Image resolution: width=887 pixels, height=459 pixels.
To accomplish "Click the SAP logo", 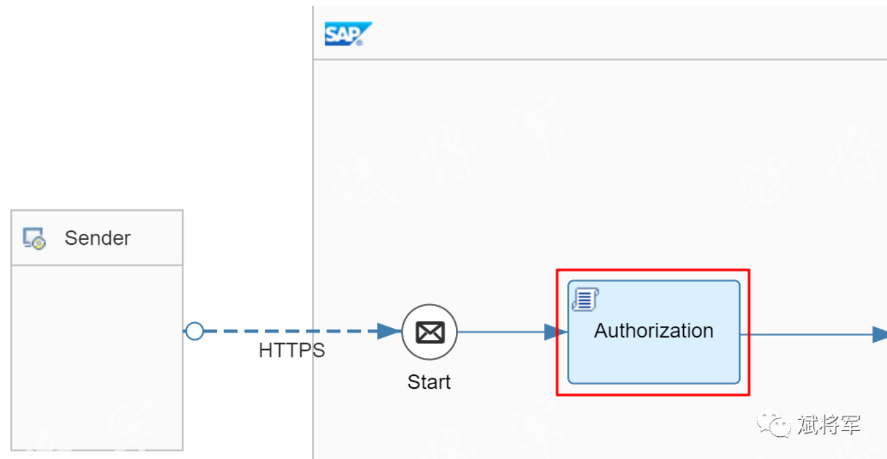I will pyautogui.click(x=348, y=34).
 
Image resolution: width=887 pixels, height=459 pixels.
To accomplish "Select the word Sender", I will pyautogui.click(x=97, y=238).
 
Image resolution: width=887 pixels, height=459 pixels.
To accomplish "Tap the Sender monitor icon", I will pyautogui.click(x=34, y=239).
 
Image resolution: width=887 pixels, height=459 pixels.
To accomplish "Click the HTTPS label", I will pyautogui.click(x=291, y=350).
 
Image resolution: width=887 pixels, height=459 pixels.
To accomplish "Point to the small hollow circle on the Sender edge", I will pyautogui.click(x=194, y=331).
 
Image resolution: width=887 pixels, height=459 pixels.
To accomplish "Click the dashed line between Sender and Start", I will pyautogui.click(x=287, y=331).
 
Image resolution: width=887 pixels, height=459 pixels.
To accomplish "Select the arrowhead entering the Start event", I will pyautogui.click(x=389, y=331).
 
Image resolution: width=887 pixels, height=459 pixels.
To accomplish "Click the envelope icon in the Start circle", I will pyautogui.click(x=430, y=333).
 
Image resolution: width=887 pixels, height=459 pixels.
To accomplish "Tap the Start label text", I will pyautogui.click(x=429, y=382).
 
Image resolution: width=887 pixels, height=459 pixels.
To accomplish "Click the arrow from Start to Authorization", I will pyautogui.click(x=501, y=332).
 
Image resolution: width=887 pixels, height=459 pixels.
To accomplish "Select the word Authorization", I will pyautogui.click(x=653, y=331).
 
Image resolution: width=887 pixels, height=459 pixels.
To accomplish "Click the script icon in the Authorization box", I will pyautogui.click(x=585, y=299).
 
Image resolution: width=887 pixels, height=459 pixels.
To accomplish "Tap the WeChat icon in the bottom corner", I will pyautogui.click(x=773, y=425).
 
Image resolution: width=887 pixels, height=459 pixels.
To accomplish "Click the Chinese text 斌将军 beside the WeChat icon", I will pyautogui.click(x=828, y=425).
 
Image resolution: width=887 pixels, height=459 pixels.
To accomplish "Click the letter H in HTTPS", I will pyautogui.click(x=265, y=350).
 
